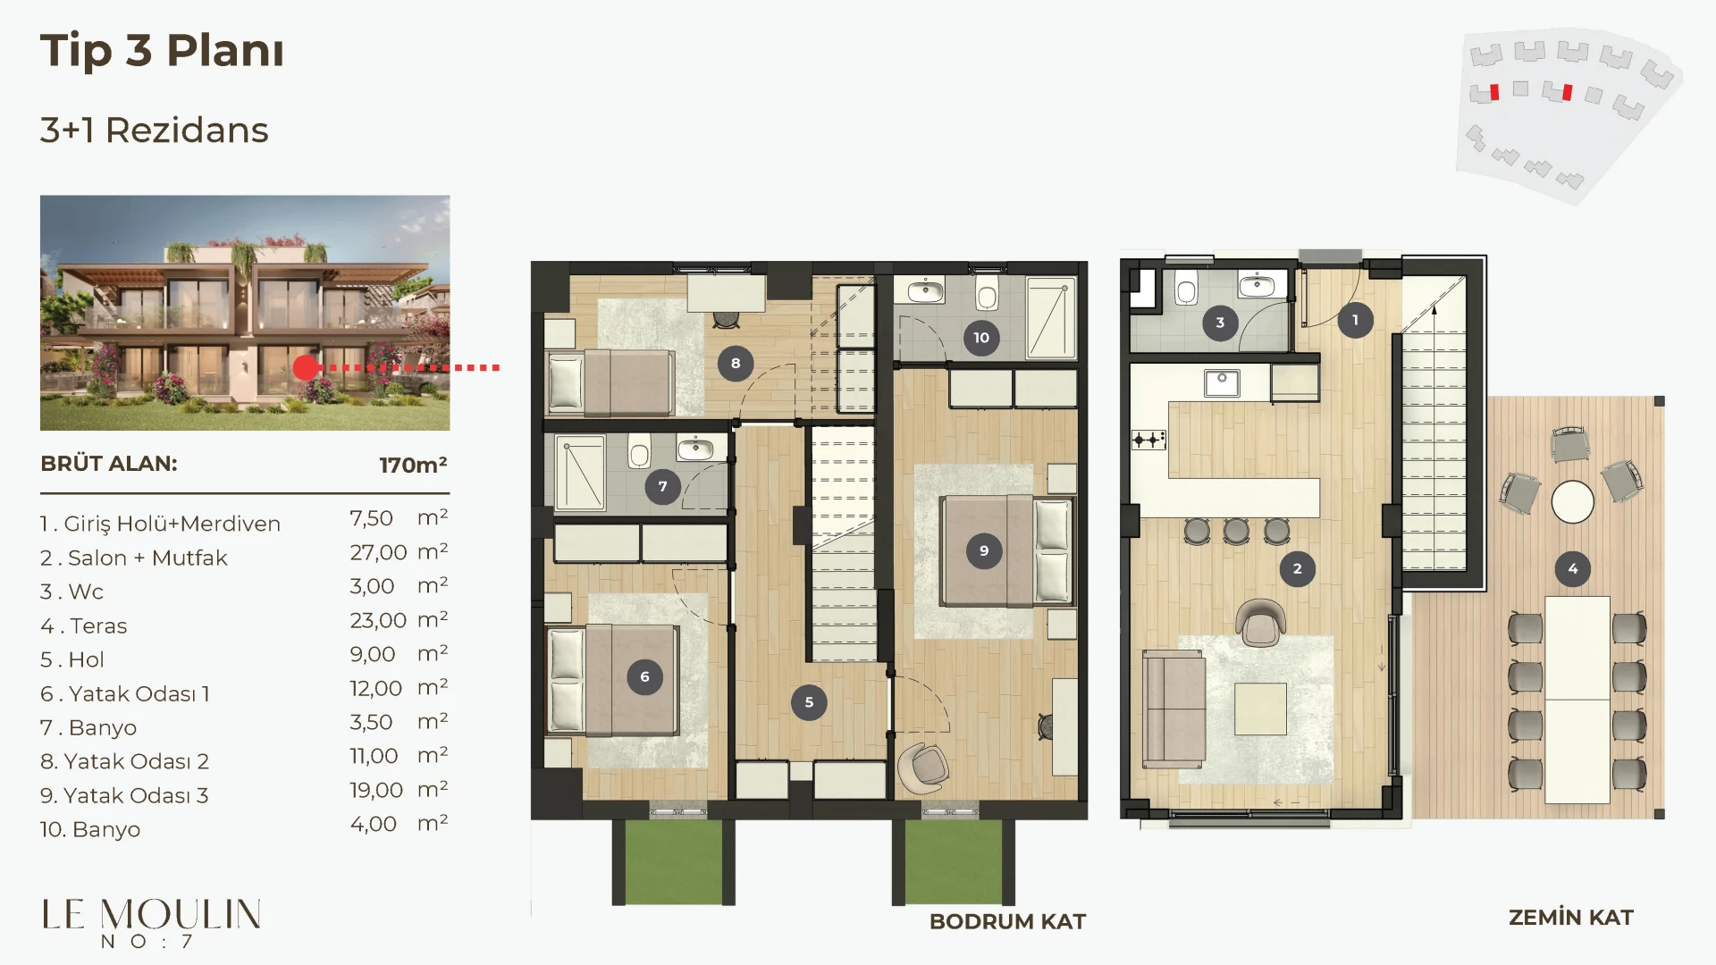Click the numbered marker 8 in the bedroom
pos(736,364)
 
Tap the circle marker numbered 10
pos(981,338)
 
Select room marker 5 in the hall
pos(809,702)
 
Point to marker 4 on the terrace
pos(1573,568)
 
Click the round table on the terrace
pos(1573,501)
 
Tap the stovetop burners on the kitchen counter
pos(1149,440)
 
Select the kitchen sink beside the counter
pos(1222,383)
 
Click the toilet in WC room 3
pos(1186,290)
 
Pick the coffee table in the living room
pos(1261,709)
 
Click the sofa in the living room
pos(1173,709)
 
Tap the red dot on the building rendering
pos(306,367)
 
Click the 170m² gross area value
pos(413,465)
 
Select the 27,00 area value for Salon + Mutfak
pos(378,553)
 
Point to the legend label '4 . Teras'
pos(84,625)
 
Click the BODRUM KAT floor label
pos(1007,921)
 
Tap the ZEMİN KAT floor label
pos(1571,918)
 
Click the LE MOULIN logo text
pos(152,914)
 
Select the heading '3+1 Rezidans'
pos(155,130)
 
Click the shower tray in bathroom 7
pos(580,473)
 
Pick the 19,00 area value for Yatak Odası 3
pos(376,791)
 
